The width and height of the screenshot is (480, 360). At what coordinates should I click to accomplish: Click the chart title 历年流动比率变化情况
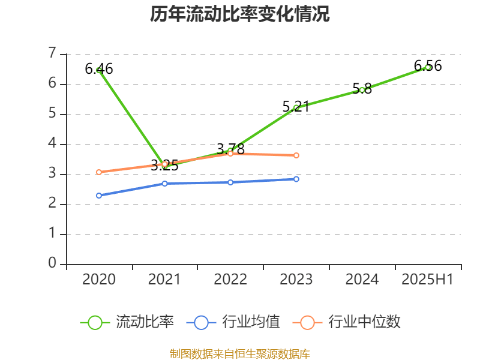pyautogui.click(x=239, y=14)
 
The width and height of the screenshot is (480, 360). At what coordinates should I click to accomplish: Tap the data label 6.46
pyautogui.click(x=99, y=69)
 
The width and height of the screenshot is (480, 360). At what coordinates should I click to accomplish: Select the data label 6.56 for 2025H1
pyautogui.click(x=428, y=66)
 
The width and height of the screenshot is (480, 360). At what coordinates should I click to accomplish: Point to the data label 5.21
pyautogui.click(x=296, y=107)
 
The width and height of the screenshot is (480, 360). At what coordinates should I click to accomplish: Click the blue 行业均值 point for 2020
pyautogui.click(x=99, y=196)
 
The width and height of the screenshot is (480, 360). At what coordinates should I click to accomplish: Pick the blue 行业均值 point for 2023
pyautogui.click(x=296, y=179)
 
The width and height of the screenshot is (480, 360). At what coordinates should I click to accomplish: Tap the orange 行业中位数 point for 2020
pyautogui.click(x=99, y=172)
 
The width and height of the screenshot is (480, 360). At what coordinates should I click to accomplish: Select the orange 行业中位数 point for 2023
pyautogui.click(x=296, y=155)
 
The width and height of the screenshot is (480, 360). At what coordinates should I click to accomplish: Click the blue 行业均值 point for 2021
pyautogui.click(x=165, y=183)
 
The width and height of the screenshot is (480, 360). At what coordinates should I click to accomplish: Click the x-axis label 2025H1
pyautogui.click(x=427, y=280)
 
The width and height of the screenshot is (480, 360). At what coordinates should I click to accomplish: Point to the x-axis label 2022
pyautogui.click(x=230, y=280)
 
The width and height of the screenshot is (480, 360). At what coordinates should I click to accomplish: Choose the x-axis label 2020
pyautogui.click(x=99, y=280)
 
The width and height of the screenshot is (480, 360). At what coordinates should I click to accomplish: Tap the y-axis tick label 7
pyautogui.click(x=53, y=53)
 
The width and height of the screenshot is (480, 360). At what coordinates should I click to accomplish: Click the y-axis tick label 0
pyautogui.click(x=53, y=263)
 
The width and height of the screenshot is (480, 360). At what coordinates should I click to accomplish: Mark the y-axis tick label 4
pyautogui.click(x=53, y=143)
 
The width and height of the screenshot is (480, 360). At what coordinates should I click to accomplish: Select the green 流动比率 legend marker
pyautogui.click(x=95, y=322)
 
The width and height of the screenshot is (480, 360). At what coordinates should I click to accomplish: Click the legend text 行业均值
pyautogui.click(x=251, y=322)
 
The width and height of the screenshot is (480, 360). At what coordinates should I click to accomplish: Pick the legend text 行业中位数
pyautogui.click(x=364, y=322)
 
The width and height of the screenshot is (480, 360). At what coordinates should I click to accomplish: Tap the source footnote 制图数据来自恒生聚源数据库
pyautogui.click(x=239, y=353)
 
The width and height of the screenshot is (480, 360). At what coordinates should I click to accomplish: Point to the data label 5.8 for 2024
pyautogui.click(x=362, y=89)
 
